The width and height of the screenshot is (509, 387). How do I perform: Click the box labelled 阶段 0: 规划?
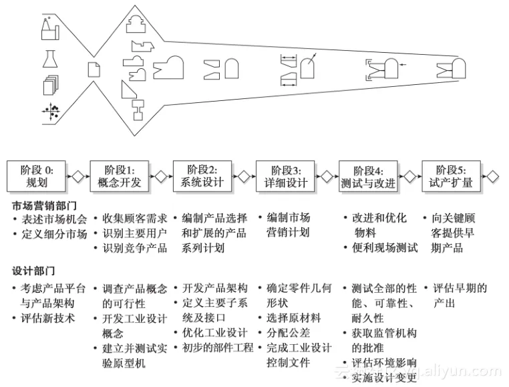point(37,176)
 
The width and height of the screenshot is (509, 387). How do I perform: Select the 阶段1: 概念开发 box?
point(120,176)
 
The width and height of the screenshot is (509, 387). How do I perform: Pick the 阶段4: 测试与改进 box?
point(367,176)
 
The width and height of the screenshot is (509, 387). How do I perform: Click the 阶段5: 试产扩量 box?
point(450,176)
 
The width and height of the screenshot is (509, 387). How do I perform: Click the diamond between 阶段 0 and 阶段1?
point(78,176)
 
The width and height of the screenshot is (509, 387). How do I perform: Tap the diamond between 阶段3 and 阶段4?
point(327,176)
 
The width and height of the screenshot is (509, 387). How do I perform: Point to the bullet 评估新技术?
point(49,318)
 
